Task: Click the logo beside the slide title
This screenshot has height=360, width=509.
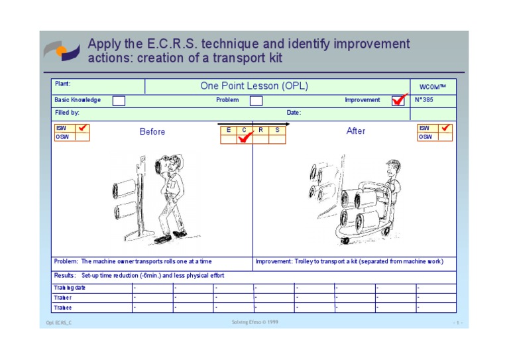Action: click(x=62, y=51)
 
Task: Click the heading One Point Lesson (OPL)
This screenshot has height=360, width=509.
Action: click(x=254, y=86)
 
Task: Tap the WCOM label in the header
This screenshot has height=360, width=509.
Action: click(x=433, y=87)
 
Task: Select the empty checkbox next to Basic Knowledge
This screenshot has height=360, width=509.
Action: click(x=119, y=101)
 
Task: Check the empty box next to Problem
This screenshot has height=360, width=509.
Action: click(x=256, y=101)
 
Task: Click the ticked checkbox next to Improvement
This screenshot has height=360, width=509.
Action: click(x=398, y=101)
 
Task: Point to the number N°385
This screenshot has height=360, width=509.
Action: click(x=425, y=100)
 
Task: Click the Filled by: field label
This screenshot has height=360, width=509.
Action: click(x=67, y=113)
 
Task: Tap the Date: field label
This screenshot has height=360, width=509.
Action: click(x=294, y=113)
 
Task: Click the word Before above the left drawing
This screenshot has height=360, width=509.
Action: click(x=152, y=132)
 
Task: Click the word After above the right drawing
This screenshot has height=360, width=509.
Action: click(x=356, y=131)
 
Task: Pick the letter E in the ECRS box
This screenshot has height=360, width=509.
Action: click(x=229, y=130)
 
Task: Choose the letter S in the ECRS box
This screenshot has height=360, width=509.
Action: click(x=277, y=130)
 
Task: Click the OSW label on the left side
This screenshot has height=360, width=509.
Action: click(x=62, y=137)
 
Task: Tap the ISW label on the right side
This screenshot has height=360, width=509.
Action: click(x=424, y=128)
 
